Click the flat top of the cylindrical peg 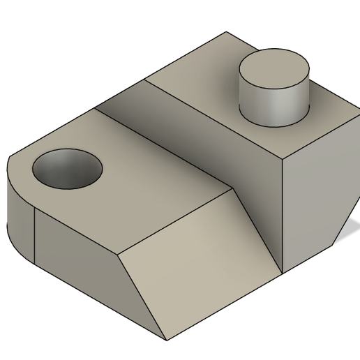[274, 70]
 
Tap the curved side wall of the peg [272, 105]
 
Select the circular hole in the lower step [67, 170]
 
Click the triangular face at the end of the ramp [258, 209]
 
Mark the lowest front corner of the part [167, 340]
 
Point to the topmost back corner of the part [227, 32]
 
